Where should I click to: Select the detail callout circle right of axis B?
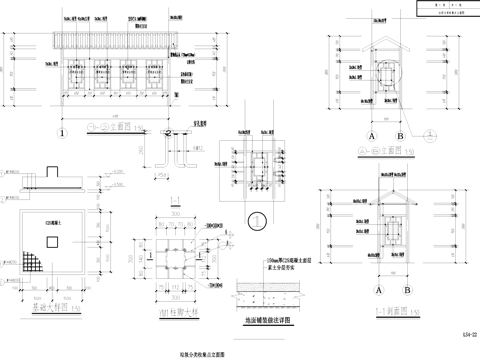click(x=429, y=133)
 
